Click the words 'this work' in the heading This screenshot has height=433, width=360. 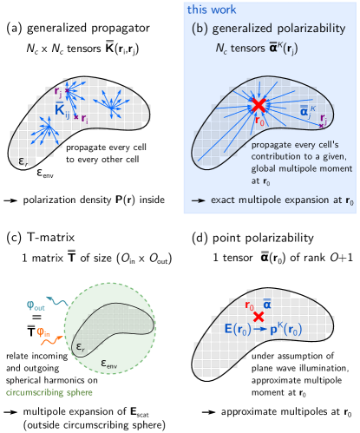pos(207,10)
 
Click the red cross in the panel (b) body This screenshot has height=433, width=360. pos(258,105)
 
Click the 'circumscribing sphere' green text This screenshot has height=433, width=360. pos(49,392)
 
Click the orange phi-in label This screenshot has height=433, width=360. pos(43,331)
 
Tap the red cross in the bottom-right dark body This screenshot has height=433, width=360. pos(259,318)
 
